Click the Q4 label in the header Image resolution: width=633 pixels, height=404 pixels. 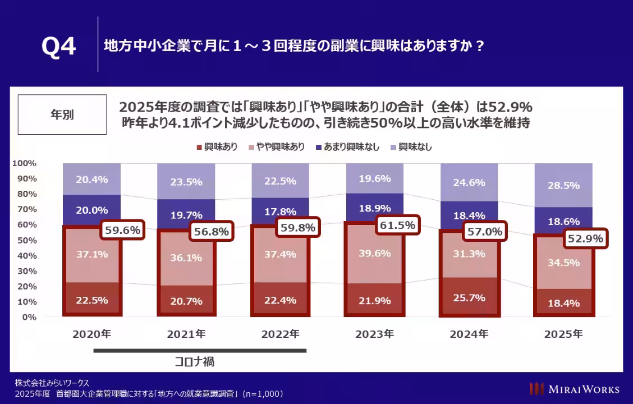58,47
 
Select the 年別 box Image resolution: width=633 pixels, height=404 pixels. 62,114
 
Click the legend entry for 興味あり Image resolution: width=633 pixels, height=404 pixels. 217,147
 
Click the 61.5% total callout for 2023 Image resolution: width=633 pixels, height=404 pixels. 397,226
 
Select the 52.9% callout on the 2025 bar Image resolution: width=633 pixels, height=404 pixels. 585,239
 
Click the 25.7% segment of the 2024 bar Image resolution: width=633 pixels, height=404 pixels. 469,297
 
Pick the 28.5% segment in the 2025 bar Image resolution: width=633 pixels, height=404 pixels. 563,186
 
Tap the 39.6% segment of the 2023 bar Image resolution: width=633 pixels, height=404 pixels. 374,253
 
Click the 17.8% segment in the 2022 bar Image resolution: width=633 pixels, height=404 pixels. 280,212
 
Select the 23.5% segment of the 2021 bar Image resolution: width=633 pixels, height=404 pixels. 186,181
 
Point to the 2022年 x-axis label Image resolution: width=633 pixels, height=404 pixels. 280,334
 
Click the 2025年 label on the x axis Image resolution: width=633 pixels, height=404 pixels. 563,334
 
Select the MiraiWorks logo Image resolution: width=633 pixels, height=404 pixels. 575,389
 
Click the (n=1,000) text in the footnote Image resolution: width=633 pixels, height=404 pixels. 263,393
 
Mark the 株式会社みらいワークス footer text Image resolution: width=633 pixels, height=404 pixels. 52,383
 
